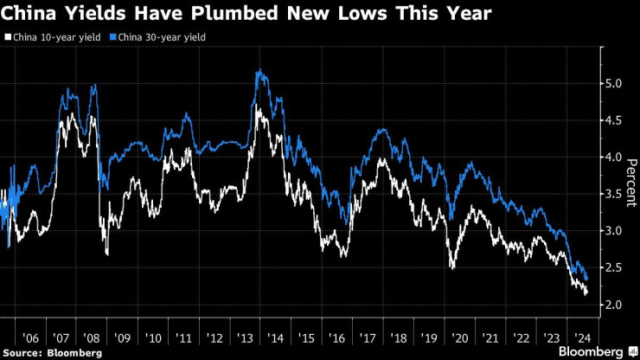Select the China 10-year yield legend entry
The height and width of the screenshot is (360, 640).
53,38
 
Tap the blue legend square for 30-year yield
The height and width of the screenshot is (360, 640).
112,38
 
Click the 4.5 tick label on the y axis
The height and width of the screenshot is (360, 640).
613,121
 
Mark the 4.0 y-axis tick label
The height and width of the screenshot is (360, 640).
613,157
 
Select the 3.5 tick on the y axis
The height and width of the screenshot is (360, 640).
613,195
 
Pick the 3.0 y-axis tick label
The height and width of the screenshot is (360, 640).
613,231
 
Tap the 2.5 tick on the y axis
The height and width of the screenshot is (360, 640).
613,268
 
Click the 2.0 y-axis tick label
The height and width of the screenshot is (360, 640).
613,305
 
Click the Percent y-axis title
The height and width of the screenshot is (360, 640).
631,183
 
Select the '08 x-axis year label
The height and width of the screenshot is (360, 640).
93,337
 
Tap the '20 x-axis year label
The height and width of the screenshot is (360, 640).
459,337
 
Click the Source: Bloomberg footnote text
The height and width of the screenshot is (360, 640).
53,352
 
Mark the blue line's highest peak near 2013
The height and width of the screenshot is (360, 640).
258,71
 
